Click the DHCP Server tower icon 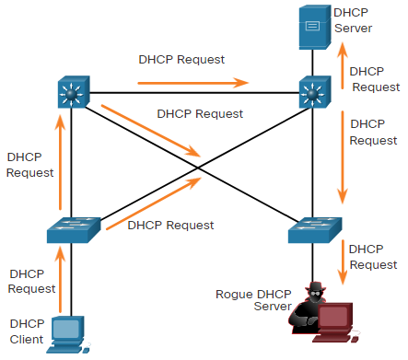pos(315,27)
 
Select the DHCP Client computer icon pos(68,334)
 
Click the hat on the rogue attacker pos(316,286)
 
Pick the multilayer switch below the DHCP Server pos(315,92)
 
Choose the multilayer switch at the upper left pos(74,92)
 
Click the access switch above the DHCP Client pos(74,230)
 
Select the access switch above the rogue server pos(315,230)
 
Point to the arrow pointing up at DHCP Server pos(343,65)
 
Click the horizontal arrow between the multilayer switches pos(192,83)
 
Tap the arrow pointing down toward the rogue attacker pos(343,262)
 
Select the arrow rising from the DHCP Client pos(60,279)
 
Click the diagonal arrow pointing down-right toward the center pos(151,131)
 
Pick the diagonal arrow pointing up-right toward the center pos(154,203)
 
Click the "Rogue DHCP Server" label pos(253,300)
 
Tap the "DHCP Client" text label pos(27,331)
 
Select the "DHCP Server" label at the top pos(353,20)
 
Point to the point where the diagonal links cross pos(198,168)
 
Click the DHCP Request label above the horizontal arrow pos(181,60)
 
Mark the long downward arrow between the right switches pos(343,157)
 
